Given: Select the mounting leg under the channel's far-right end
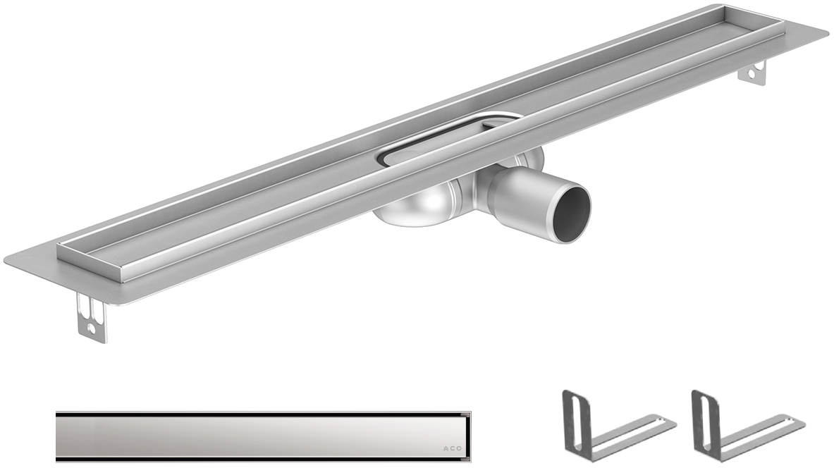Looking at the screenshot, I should pos(752,73).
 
